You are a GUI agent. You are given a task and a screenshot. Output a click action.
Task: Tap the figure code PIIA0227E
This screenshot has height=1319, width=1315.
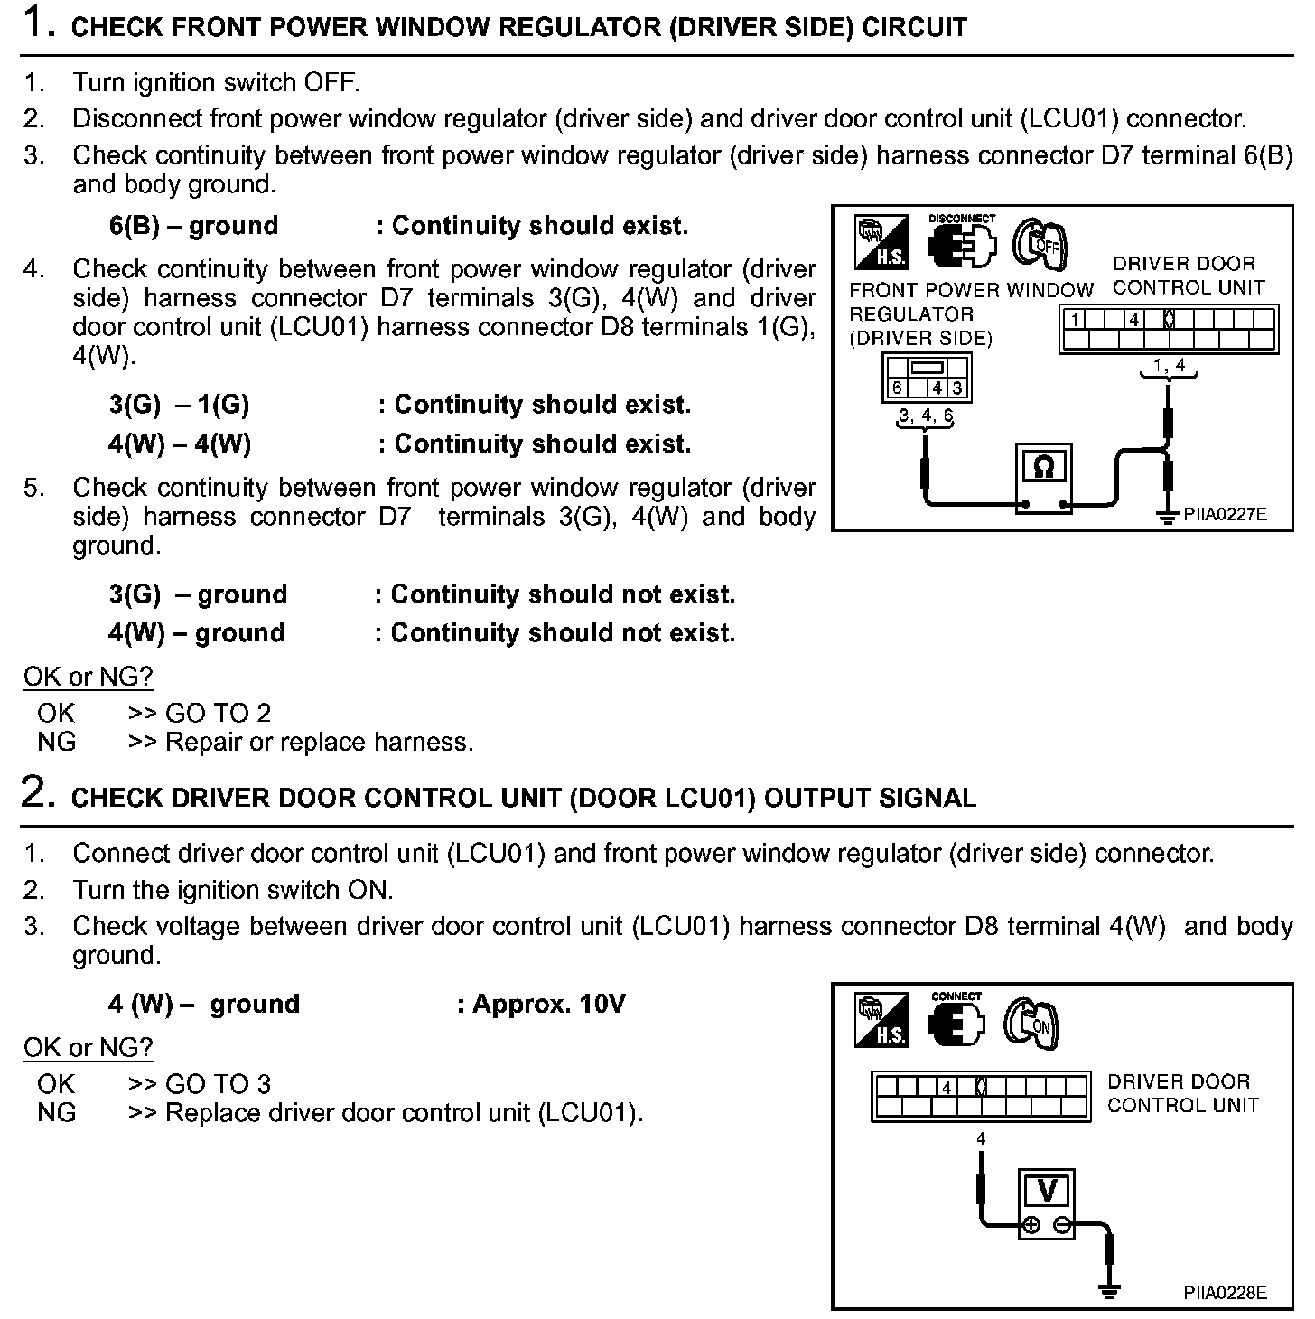[1225, 515]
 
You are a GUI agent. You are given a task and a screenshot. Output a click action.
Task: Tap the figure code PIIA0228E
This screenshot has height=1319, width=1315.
[1225, 1293]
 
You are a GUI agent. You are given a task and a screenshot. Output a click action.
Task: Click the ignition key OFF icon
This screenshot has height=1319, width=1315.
[1040, 243]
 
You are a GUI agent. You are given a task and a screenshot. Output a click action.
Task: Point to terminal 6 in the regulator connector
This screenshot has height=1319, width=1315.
[897, 388]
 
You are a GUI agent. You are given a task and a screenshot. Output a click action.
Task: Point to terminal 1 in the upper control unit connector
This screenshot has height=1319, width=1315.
[1075, 319]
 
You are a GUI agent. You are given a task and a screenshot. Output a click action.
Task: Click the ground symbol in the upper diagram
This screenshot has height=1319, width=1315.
[1168, 515]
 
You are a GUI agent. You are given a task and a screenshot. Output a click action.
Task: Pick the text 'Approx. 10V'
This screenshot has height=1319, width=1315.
[548, 1004]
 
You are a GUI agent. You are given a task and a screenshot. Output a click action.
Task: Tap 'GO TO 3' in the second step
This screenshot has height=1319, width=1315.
[218, 1083]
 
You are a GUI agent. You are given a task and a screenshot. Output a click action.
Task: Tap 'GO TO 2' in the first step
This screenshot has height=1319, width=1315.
[218, 713]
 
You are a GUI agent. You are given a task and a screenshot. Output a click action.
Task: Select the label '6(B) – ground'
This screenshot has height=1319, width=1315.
[193, 225]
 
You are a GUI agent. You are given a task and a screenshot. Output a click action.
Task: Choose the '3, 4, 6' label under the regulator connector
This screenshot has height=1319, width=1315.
[925, 416]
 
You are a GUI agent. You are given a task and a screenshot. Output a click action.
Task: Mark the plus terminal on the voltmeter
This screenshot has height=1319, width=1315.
[1030, 1225]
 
